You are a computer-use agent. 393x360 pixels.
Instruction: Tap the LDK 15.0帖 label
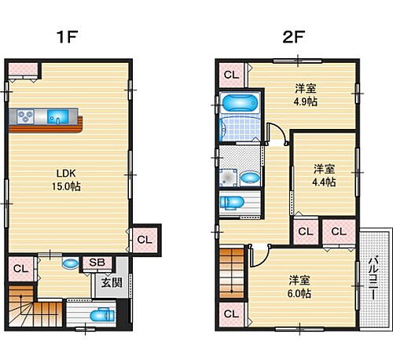68,180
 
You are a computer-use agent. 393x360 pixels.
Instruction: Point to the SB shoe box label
98,263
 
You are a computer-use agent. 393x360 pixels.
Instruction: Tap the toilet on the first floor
97,317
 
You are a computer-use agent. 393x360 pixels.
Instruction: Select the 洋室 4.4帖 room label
324,174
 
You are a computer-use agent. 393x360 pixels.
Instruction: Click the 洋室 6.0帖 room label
298,286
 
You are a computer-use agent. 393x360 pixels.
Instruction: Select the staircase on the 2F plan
231,272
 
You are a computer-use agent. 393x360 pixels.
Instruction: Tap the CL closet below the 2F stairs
231,314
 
